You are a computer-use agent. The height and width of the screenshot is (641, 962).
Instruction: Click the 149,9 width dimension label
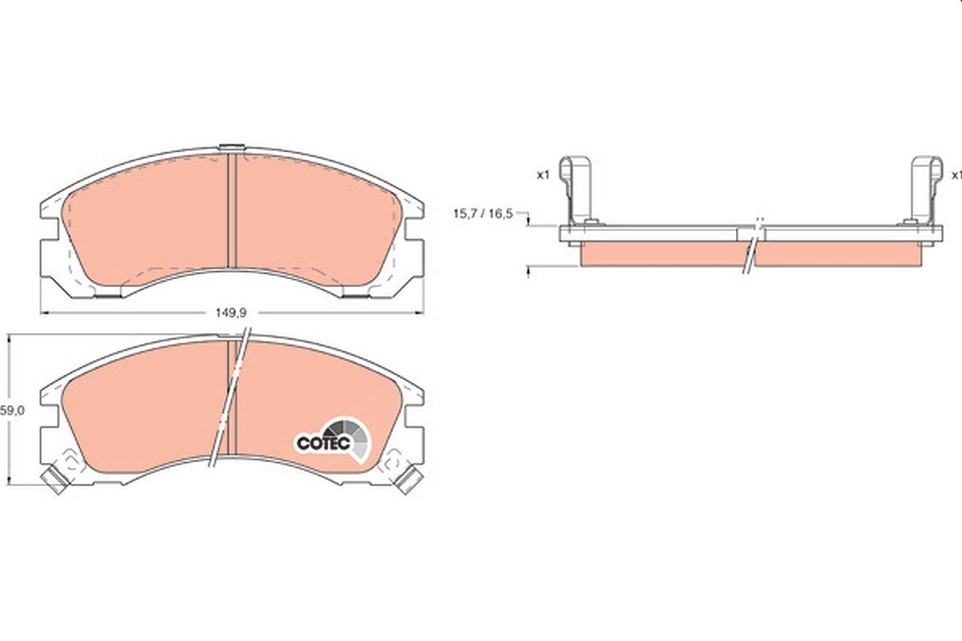(231, 313)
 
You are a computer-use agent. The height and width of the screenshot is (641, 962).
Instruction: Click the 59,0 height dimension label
(12, 410)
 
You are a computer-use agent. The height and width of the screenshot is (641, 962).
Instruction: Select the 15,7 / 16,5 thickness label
(483, 213)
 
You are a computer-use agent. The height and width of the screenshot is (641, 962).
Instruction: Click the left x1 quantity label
(544, 175)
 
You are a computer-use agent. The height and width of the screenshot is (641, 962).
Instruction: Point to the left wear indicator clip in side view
(576, 190)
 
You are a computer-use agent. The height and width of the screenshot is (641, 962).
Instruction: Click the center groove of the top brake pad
(232, 211)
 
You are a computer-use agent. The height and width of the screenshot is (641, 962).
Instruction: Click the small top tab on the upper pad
(232, 147)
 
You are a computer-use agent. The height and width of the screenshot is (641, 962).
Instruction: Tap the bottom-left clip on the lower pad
(56, 480)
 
